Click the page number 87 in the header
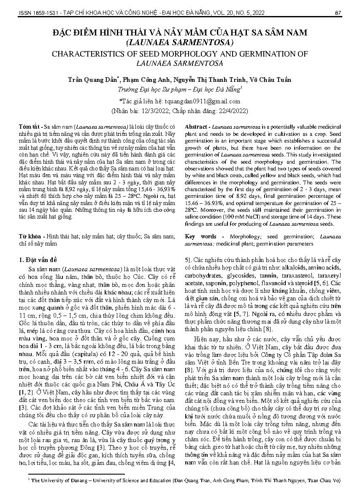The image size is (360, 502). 338,13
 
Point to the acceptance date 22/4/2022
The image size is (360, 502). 231,111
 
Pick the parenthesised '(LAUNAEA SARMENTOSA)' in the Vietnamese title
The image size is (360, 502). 180,42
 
